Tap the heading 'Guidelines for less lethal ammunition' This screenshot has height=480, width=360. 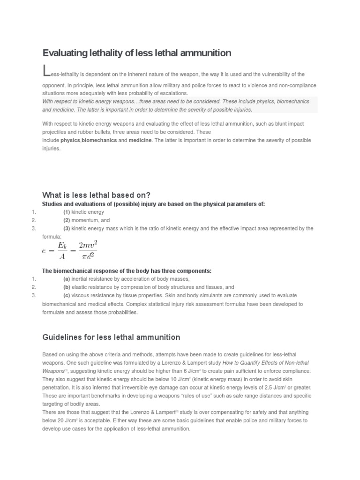[111, 337]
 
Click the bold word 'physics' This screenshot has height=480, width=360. [70, 140]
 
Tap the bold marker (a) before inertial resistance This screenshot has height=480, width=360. [67, 279]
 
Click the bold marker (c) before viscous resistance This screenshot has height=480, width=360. [67, 295]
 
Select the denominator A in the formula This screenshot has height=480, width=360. [62, 256]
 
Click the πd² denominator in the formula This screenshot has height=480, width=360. [88, 256]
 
